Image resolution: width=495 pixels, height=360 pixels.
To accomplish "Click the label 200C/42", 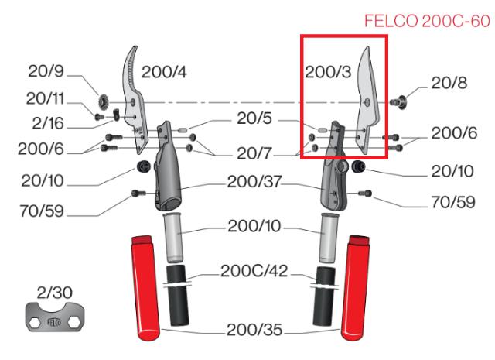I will point(251,273).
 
